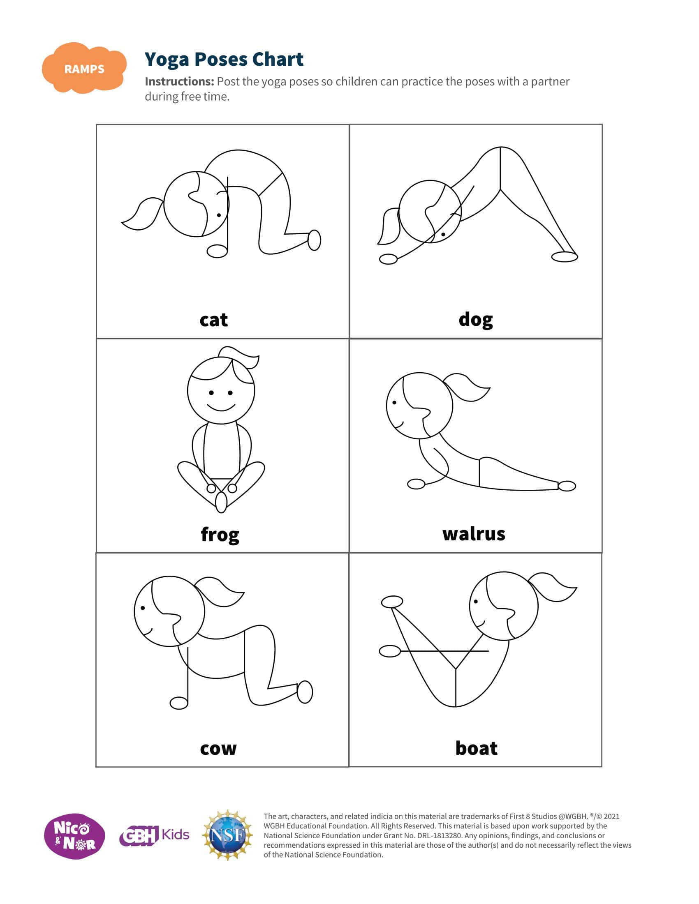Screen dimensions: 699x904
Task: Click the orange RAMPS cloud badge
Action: click(x=84, y=68)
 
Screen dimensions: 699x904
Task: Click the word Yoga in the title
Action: click(x=167, y=60)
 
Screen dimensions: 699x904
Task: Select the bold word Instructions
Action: click(x=179, y=81)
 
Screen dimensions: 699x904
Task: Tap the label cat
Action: click(x=214, y=320)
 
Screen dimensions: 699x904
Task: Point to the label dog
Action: click(x=476, y=320)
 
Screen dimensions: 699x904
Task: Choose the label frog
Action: click(x=220, y=535)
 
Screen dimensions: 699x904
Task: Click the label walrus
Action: click(x=474, y=534)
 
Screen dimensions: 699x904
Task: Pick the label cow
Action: click(x=218, y=749)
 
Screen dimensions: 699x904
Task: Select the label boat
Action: click(x=476, y=748)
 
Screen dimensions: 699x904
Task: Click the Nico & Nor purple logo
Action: click(x=74, y=836)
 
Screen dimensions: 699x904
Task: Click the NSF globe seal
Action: click(x=227, y=835)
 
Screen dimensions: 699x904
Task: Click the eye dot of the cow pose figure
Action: click(x=143, y=608)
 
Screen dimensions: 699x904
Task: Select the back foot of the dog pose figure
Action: click(x=565, y=257)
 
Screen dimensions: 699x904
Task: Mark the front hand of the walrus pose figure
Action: click(x=416, y=484)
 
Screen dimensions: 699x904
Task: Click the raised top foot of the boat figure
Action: click(x=392, y=602)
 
